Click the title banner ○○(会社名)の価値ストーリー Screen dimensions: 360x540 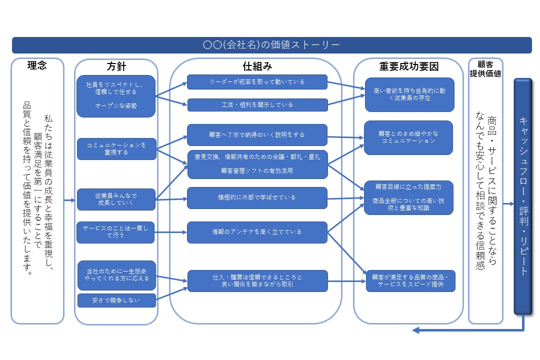(271, 45)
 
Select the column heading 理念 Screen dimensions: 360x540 (37, 65)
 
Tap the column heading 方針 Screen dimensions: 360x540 (116, 66)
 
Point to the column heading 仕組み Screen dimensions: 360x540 (257, 66)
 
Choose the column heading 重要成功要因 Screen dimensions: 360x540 (408, 66)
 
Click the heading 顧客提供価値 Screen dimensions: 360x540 (485, 68)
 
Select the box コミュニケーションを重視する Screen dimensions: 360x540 (116, 148)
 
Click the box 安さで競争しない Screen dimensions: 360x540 (116, 300)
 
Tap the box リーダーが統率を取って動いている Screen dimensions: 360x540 (257, 81)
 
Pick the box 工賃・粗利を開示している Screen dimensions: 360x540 (257, 104)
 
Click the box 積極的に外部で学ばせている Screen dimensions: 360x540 (257, 197)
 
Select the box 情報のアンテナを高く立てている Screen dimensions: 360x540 (257, 232)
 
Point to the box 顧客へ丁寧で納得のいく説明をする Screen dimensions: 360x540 (257, 134)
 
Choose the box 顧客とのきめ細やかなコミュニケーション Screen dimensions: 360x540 (408, 137)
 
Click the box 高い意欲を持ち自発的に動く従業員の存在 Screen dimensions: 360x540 (409, 94)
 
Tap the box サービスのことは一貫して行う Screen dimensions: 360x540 (116, 232)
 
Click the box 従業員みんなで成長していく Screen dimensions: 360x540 (116, 199)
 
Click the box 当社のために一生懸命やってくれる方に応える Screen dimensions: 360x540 (116, 275)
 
